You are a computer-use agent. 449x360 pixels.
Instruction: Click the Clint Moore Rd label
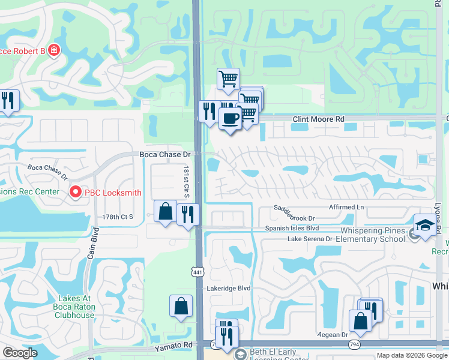[318, 119]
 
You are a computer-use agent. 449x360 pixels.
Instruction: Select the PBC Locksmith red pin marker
[76, 192]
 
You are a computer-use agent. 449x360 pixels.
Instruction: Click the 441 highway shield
[197, 272]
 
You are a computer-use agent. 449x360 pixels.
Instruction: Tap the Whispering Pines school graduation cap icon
[425, 226]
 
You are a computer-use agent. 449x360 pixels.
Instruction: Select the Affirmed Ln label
[346, 207]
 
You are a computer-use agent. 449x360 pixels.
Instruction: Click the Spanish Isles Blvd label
[293, 229]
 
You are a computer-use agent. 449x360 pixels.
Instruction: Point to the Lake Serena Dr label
[310, 239]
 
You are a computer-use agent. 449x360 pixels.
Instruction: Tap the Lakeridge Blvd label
[228, 288]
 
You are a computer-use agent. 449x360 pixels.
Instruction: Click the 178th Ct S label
[118, 217]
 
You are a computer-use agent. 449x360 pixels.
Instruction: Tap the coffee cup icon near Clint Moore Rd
[231, 118]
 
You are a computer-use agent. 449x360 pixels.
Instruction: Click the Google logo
[20, 353]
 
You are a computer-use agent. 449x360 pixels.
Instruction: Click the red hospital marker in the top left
[55, 49]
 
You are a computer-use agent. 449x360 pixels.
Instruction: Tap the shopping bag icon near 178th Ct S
[165, 211]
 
